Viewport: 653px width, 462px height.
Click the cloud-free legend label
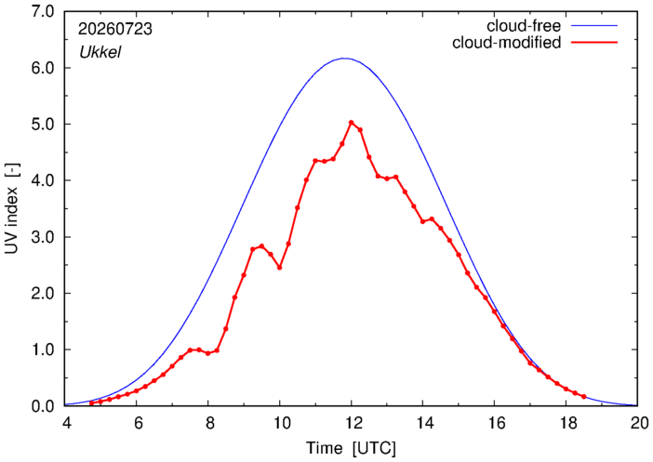tap(524, 26)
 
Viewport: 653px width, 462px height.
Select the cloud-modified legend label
tap(506, 43)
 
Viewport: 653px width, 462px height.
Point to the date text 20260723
tap(115, 29)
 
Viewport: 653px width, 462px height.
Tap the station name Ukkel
tap(100, 52)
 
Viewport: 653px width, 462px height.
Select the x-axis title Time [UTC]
tap(351, 448)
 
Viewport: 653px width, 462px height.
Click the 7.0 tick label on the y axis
tap(43, 12)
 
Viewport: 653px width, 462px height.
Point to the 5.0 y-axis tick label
tap(43, 125)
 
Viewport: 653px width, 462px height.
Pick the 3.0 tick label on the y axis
tap(43, 237)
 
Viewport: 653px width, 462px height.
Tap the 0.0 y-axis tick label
tap(43, 406)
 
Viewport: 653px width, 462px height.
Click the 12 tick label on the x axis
tap(352, 423)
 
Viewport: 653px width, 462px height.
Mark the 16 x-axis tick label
tap(495, 423)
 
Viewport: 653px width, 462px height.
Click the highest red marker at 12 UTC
tap(351, 123)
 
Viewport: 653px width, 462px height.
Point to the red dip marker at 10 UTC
tap(279, 268)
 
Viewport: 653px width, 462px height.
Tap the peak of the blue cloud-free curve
tap(344, 59)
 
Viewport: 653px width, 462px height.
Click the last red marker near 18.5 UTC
tap(584, 397)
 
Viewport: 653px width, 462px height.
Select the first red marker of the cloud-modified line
tap(91, 403)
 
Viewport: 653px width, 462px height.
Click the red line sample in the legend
tap(593, 43)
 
